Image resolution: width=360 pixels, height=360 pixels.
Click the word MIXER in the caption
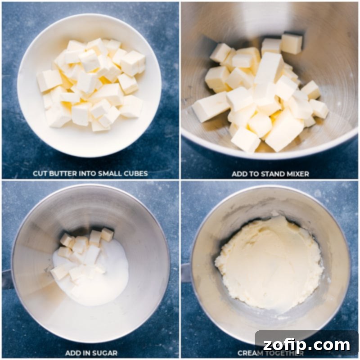(x=297, y=174)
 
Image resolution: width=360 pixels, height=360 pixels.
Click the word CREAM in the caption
(x=249, y=353)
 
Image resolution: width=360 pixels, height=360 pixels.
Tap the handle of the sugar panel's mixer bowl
(x=7, y=279)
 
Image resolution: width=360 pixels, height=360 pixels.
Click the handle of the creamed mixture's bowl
(x=185, y=273)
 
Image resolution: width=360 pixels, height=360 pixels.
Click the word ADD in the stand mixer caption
(x=239, y=174)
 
